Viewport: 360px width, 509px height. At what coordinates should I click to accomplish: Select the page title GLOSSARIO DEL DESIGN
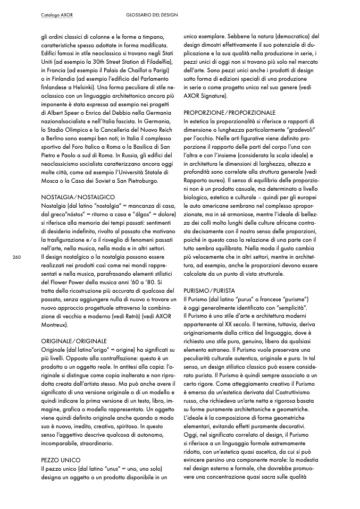152,15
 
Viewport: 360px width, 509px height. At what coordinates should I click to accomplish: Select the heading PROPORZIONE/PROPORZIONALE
229,113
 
